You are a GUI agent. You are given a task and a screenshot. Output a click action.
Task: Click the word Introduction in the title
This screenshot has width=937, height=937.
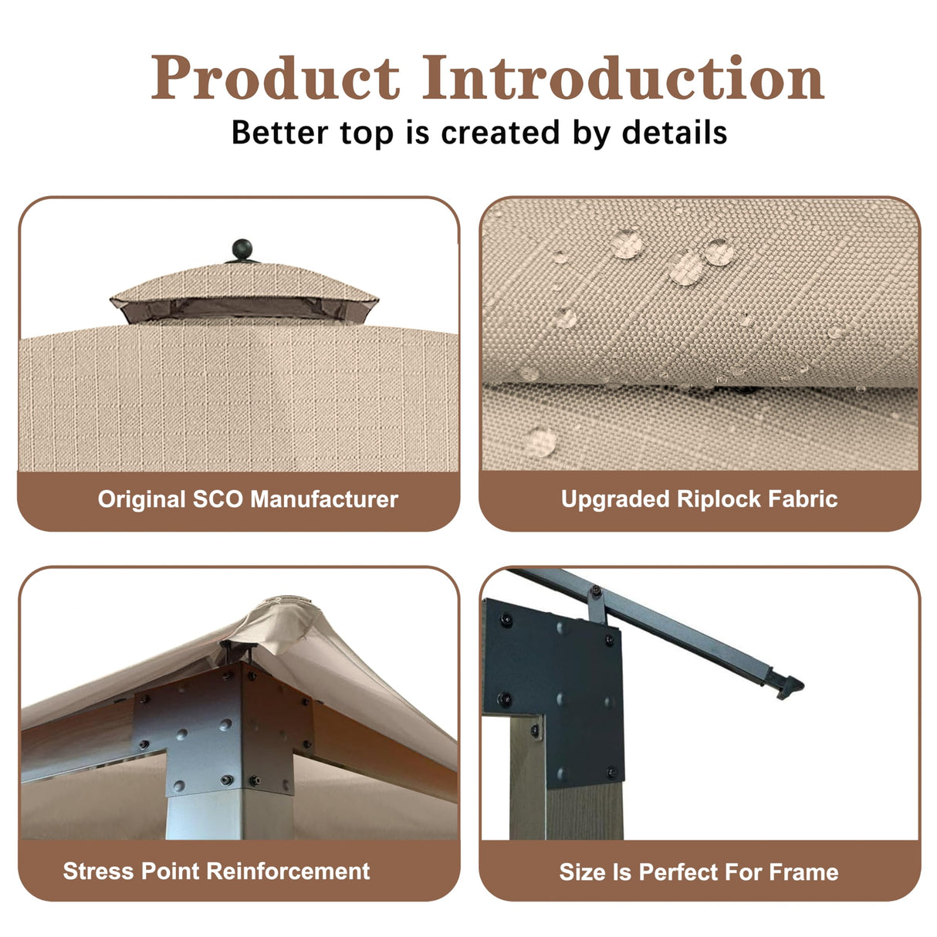[x=624, y=78]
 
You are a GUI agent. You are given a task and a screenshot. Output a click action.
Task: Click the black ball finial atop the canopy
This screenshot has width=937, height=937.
[x=242, y=249]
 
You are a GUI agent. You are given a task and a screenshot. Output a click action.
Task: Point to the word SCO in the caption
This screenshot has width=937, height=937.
[x=218, y=499]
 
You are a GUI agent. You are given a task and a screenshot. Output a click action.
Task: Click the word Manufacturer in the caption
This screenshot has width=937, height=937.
[x=324, y=499]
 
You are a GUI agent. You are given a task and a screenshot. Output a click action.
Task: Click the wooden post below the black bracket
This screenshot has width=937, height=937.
[x=571, y=795]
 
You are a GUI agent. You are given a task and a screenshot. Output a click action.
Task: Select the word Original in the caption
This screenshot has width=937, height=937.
[x=142, y=499]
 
